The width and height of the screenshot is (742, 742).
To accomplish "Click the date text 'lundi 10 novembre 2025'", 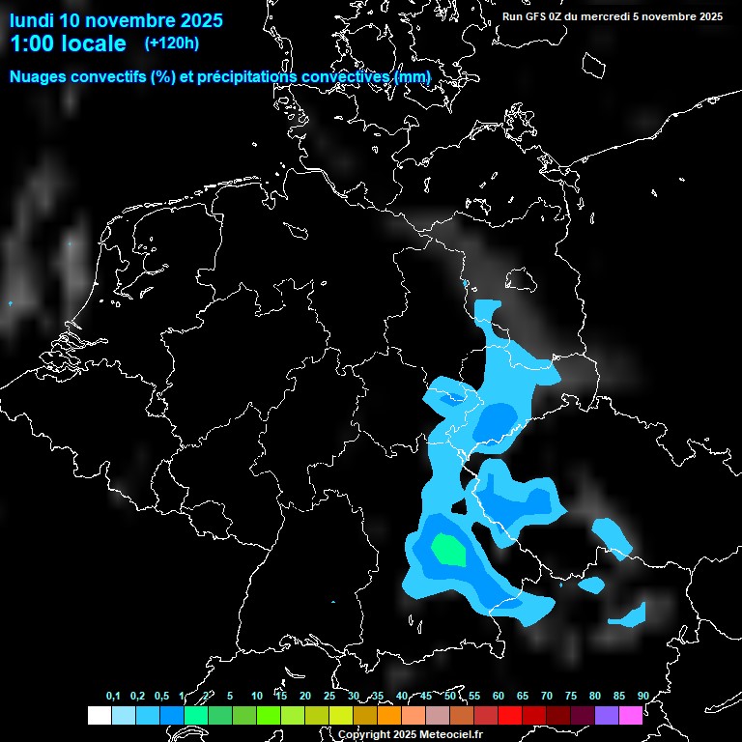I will point(116,20).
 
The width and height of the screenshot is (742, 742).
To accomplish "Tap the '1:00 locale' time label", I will point(68,43).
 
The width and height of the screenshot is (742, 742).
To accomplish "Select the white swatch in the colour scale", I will point(99,715).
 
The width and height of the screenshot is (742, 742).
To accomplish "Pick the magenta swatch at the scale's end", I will point(631,715).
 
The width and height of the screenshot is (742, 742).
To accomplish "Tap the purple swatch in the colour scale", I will point(607,715).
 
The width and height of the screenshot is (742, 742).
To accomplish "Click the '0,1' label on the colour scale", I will point(113,696).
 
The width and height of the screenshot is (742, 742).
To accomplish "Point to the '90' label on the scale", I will point(643,696).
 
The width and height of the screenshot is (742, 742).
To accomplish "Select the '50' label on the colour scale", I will point(450,696).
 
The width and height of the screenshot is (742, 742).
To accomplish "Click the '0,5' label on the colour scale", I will point(161,696).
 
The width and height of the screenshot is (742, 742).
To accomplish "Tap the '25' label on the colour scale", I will point(329,696).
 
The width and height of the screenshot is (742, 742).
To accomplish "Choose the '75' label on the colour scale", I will point(571,696).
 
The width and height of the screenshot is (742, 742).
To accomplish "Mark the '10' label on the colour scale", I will point(257,696).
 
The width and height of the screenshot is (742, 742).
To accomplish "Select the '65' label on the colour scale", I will point(523,696).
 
